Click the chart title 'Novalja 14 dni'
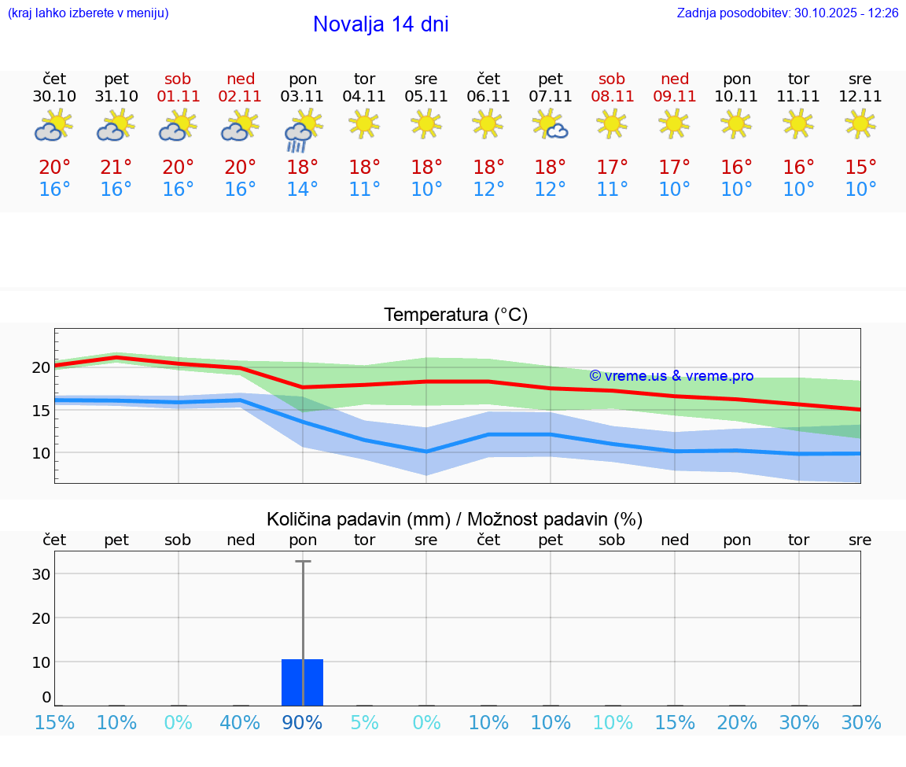click(381, 24)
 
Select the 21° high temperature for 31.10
click(116, 168)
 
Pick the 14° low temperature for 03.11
click(302, 190)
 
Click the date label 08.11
click(612, 96)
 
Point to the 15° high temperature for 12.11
click(860, 168)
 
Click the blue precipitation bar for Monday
click(302, 682)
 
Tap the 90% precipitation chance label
click(302, 723)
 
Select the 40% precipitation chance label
click(240, 723)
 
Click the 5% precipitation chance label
click(364, 723)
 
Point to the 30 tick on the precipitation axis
click(42, 574)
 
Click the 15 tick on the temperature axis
click(41, 410)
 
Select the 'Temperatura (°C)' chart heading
click(455, 315)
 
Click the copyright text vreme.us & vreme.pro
click(672, 376)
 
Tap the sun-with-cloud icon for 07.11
click(551, 124)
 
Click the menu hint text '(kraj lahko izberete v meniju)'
click(88, 13)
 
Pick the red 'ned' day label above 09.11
click(674, 79)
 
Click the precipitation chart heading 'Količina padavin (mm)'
click(358, 519)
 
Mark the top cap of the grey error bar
click(303, 561)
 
